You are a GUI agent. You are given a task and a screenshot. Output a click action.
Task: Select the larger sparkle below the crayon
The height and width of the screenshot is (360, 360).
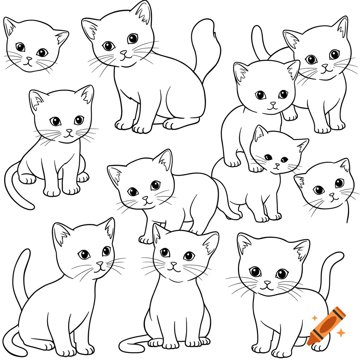point(340,332)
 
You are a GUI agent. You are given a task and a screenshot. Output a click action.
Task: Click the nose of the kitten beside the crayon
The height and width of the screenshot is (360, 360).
point(268,283)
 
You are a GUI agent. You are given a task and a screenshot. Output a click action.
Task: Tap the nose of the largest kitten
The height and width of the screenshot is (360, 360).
point(123,53)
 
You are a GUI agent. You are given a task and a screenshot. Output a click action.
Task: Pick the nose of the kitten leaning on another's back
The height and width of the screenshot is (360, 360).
point(273,104)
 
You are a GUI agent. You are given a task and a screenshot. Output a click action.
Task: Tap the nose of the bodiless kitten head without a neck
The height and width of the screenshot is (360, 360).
point(29,59)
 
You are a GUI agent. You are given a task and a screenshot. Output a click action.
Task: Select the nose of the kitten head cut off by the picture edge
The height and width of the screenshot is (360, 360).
point(331,194)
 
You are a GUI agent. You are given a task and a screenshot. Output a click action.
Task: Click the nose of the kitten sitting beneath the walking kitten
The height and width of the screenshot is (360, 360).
point(173,264)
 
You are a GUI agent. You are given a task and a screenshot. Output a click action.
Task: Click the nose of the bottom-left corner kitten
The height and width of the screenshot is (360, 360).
point(100,264)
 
